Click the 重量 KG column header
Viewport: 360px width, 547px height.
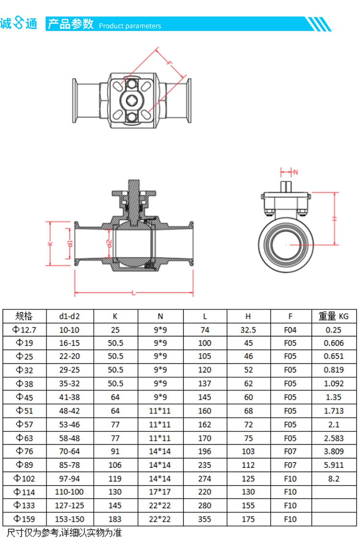tap(334, 316)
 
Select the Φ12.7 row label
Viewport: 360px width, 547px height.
tap(24, 330)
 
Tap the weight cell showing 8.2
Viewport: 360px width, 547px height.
tap(334, 479)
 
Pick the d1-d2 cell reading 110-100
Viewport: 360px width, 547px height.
tap(70, 492)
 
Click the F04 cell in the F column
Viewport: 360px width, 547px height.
tap(290, 330)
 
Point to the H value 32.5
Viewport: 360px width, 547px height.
tap(248, 330)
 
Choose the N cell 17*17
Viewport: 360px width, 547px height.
tap(160, 492)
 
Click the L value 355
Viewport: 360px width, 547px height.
tap(204, 519)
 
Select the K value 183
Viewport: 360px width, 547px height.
tap(115, 519)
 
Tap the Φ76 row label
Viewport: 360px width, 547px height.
tap(24, 451)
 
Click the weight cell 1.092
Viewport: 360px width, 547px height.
tap(334, 383)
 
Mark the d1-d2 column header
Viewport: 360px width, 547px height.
tap(70, 316)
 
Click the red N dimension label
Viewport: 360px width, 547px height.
tap(296, 172)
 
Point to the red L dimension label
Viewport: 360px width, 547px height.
tap(133, 293)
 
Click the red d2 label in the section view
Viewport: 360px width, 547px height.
tap(109, 243)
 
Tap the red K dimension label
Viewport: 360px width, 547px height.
tap(50, 244)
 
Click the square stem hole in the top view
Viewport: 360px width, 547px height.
tap(132, 101)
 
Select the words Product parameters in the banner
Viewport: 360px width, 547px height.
tap(130, 26)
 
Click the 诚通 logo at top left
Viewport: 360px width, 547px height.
tap(19, 24)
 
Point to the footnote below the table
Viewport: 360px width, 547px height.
tap(64, 533)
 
